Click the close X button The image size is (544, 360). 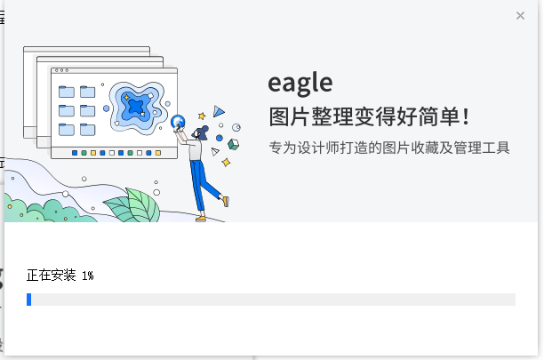[520, 16]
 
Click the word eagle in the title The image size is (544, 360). [300, 84]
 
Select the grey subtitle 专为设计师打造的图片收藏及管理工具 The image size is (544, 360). [389, 148]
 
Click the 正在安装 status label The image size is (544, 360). [51, 276]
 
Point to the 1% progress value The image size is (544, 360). [88, 276]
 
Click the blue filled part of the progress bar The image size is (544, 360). [28, 300]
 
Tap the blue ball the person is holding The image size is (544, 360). [178, 122]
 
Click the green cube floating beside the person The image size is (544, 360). [234, 144]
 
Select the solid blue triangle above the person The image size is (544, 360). [219, 111]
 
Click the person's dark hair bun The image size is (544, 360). [204, 129]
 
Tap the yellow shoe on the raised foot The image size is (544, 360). [226, 201]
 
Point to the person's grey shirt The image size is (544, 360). [195, 150]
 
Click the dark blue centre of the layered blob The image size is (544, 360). [135, 106]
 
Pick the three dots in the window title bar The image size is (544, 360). [61, 70]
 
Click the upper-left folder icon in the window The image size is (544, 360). [67, 92]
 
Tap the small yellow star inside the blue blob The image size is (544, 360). [126, 98]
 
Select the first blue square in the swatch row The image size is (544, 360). [75, 153]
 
